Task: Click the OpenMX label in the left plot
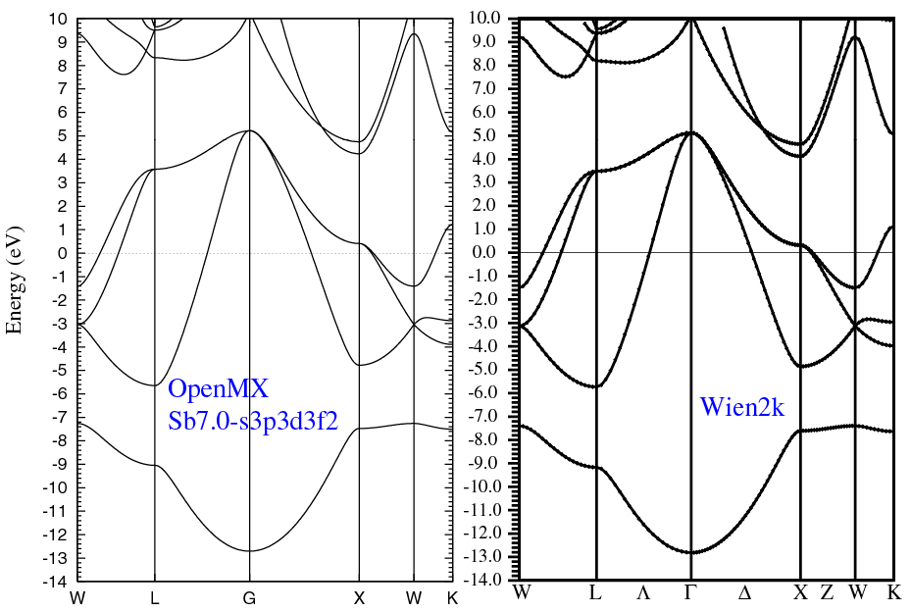[219, 389]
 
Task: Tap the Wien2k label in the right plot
[742, 407]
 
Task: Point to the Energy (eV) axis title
[16, 280]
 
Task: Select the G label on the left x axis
[250, 598]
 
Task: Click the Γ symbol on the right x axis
[690, 592]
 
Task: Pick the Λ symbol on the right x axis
[643, 592]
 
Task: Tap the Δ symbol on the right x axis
[744, 592]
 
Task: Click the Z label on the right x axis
[827, 592]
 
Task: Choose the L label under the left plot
[155, 598]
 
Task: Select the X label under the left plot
[359, 598]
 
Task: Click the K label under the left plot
[452, 598]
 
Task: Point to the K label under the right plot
[893, 592]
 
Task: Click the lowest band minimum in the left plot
[250, 551]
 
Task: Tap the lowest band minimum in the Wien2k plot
[692, 552]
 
